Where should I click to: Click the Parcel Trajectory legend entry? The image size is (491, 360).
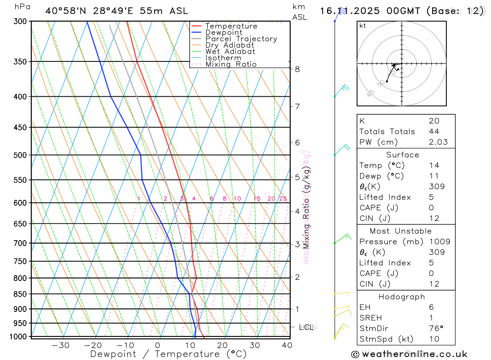coord(241,39)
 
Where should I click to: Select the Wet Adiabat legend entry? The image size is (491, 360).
coord(230,52)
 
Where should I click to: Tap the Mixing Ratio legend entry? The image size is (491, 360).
coord(231,64)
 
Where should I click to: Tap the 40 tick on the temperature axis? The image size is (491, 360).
coord(287,345)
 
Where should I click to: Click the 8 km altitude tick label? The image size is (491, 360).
coord(298,69)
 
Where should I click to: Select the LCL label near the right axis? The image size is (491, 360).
coord(307,327)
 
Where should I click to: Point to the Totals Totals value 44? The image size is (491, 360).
coord(434,132)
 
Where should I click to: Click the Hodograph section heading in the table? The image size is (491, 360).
coord(402,297)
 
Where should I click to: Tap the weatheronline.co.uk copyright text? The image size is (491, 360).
coord(409,354)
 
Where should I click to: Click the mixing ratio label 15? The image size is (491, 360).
coord(257,199)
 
